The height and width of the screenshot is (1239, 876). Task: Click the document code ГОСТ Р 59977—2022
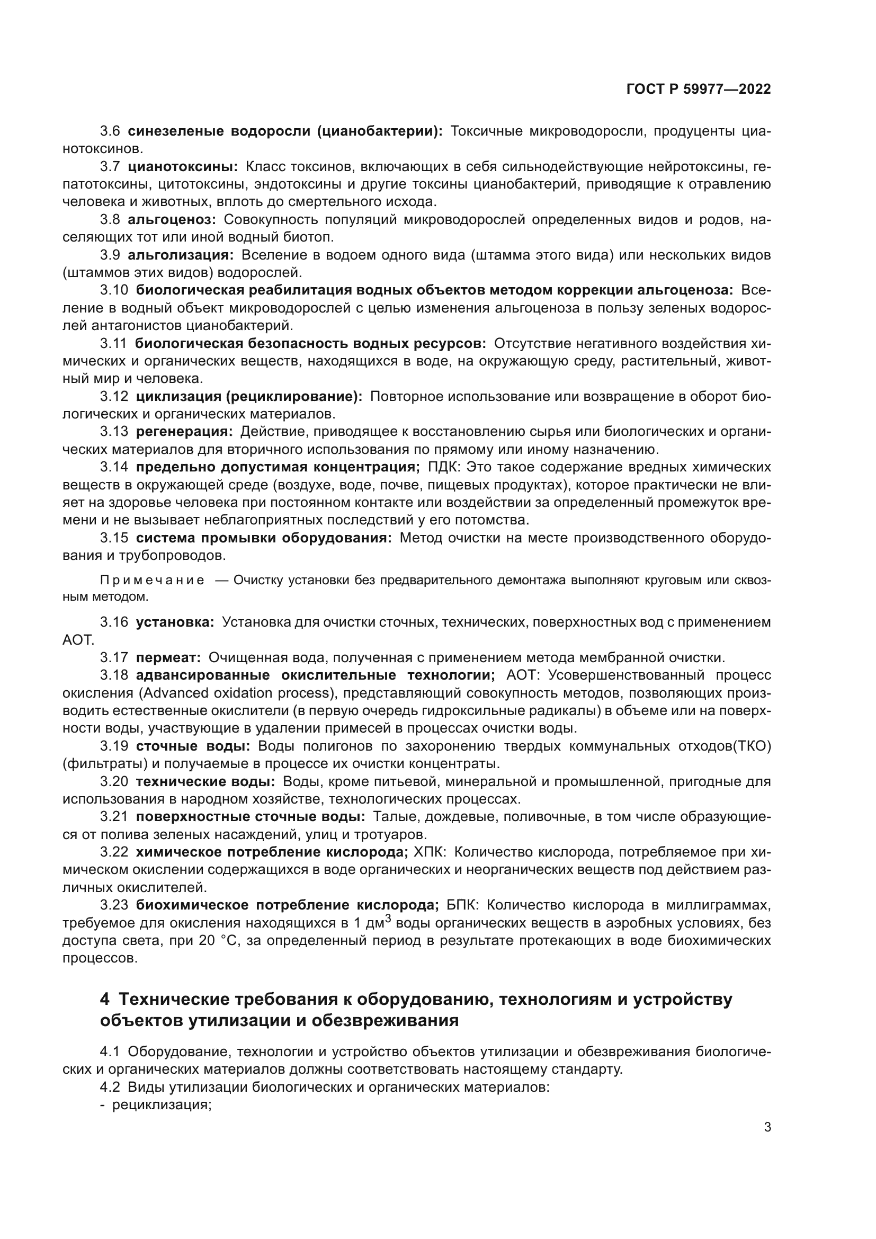pos(699,90)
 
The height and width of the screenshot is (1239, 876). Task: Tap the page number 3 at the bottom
pos(767,1127)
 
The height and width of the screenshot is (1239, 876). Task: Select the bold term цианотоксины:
pos(183,167)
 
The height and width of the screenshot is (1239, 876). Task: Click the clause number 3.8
pos(110,220)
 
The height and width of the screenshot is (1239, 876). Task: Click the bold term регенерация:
pos(184,431)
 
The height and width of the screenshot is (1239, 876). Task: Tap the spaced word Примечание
pos(152,580)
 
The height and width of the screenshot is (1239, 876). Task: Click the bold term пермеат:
pos(168,657)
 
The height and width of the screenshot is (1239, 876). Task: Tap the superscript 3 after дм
pos(388,918)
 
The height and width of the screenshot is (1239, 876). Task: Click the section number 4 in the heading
pos(105,1000)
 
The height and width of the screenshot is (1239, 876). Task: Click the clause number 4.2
pos(110,1087)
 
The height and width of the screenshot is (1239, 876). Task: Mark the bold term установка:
pos(175,622)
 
